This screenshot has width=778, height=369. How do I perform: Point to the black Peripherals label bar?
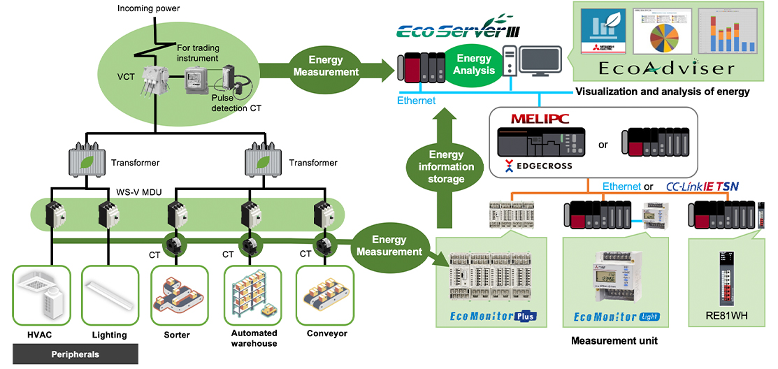point(75,354)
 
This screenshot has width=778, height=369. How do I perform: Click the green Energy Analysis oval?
point(475,64)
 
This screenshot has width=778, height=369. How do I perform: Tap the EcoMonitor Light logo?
point(616,317)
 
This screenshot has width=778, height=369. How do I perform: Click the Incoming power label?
point(147,9)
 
